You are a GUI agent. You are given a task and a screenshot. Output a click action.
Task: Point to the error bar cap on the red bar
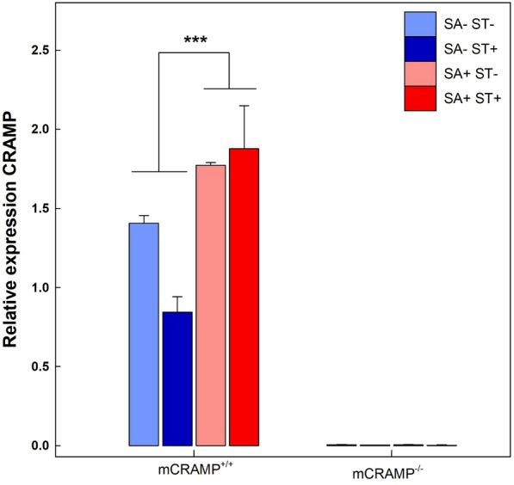(x=244, y=106)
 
